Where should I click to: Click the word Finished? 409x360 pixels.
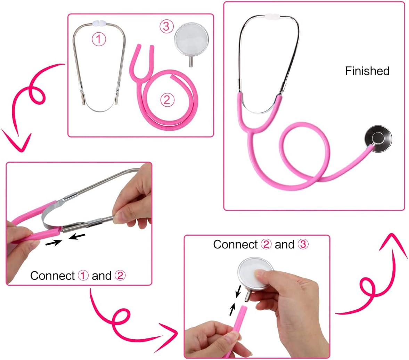click(x=367, y=71)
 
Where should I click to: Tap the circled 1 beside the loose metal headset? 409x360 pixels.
click(x=99, y=40)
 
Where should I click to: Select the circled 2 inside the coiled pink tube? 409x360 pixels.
click(x=167, y=100)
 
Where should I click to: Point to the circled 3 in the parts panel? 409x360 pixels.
click(x=166, y=26)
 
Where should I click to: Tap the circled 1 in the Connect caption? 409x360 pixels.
click(x=83, y=276)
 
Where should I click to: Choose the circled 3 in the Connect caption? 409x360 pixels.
click(x=303, y=245)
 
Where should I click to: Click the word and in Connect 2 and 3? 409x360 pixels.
click(x=284, y=245)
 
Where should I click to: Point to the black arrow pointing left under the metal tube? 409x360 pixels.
click(x=77, y=237)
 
